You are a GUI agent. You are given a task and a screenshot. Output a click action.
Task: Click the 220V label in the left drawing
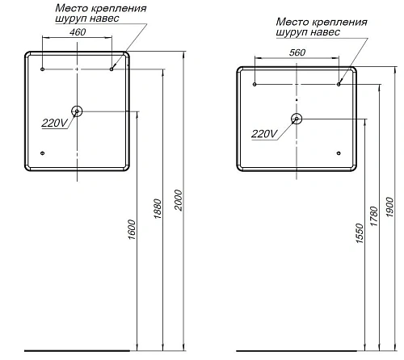click(55, 123)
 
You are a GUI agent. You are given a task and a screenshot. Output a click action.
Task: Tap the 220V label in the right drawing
click(264, 133)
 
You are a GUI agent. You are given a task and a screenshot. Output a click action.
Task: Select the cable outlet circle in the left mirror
click(76, 111)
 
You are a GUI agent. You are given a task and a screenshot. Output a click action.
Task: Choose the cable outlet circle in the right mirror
click(297, 119)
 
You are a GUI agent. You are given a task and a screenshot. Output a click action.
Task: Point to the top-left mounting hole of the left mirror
click(42, 69)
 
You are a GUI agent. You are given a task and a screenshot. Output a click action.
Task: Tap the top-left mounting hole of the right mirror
click(255, 84)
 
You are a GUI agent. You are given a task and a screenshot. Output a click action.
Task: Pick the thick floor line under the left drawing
click(76, 351)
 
